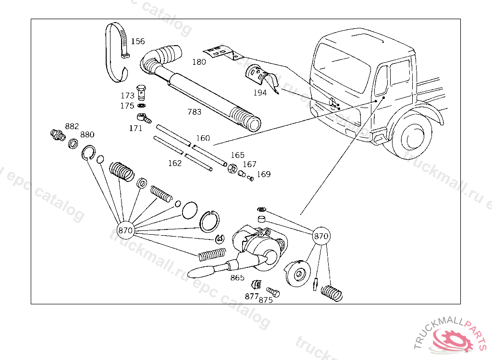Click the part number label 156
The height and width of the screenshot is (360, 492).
click(138, 41)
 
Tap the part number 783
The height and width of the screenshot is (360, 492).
click(195, 112)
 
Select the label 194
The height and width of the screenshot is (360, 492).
click(259, 93)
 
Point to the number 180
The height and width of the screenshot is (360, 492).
click(199, 62)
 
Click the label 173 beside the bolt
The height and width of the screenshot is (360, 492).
click(127, 96)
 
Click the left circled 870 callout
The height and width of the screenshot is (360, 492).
click(125, 230)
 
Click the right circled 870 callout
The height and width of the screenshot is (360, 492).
click(321, 236)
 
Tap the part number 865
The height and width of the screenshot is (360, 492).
click(237, 278)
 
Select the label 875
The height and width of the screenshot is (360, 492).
click(266, 300)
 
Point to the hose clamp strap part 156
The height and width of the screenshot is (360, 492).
click(117, 50)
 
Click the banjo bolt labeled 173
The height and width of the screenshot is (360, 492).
click(141, 90)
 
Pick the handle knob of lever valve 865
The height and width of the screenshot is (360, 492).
click(200, 272)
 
